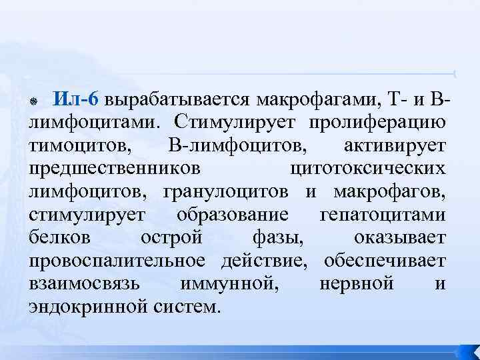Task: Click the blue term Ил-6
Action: [77, 99]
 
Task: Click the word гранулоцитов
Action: [225, 191]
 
